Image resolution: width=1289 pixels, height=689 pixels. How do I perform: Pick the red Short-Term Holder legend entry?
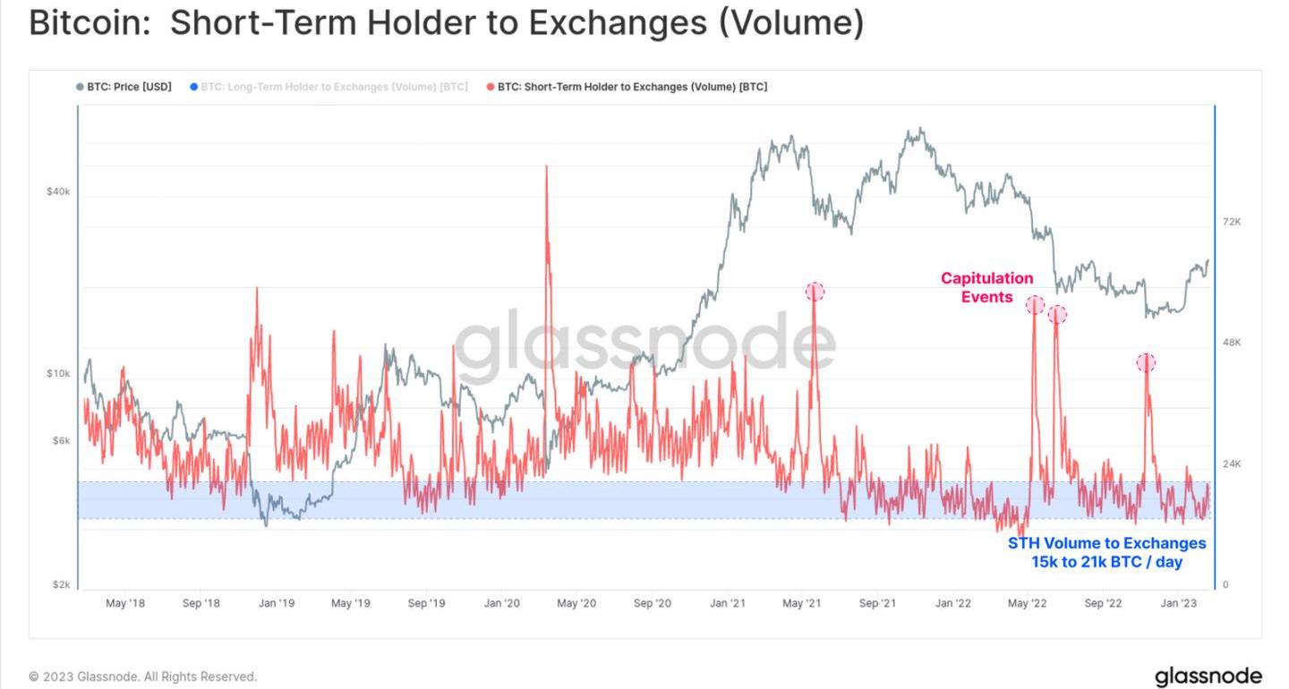tap(631, 87)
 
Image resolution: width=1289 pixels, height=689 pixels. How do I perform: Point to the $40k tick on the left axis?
tap(58, 191)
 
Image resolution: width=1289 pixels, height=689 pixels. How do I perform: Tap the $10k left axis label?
tap(58, 373)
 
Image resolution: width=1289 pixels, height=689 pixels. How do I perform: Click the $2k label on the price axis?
tap(61, 584)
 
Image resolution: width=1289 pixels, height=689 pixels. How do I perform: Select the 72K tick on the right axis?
tap(1231, 222)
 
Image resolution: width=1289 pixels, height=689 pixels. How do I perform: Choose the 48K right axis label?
tap(1231, 343)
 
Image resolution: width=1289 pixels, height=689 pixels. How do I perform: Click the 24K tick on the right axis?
tap(1231, 464)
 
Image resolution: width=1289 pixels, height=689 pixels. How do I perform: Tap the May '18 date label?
tap(125, 603)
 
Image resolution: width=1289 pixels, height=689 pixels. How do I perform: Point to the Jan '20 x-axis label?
tap(501, 603)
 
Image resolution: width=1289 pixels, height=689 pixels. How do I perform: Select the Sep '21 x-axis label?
tap(877, 603)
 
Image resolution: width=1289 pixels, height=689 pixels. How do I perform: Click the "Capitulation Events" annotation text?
tap(986, 287)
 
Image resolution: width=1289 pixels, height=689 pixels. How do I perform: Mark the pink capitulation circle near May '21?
tap(815, 292)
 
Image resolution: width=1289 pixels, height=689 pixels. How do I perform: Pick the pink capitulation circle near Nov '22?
tap(1146, 362)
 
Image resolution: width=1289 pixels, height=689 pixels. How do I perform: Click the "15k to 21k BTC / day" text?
tap(1106, 562)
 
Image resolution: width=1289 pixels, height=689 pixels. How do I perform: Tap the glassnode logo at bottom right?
tap(1208, 676)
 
